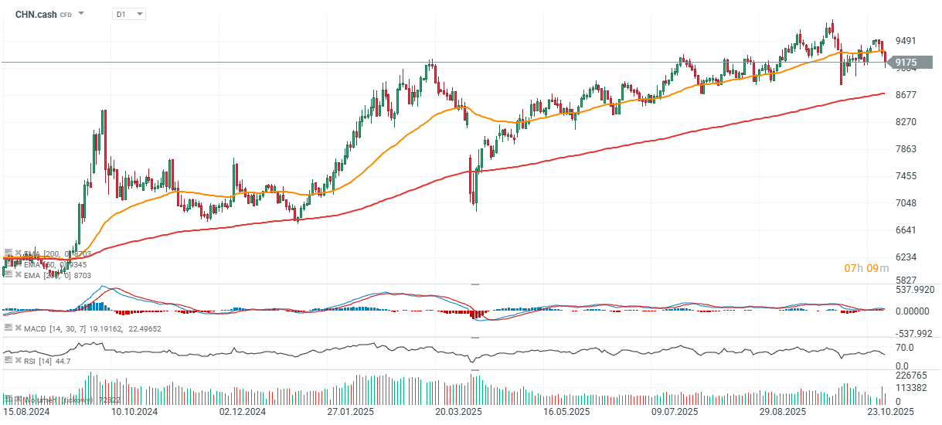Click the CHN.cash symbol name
pos(36,14)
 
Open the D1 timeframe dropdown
pos(128,14)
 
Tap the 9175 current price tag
pos(906,63)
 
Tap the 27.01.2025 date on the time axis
pos(350,413)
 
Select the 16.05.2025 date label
pos(566,413)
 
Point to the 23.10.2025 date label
pos(889,413)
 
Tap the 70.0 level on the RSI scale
pos(905,348)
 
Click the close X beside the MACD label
pos(18,329)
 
